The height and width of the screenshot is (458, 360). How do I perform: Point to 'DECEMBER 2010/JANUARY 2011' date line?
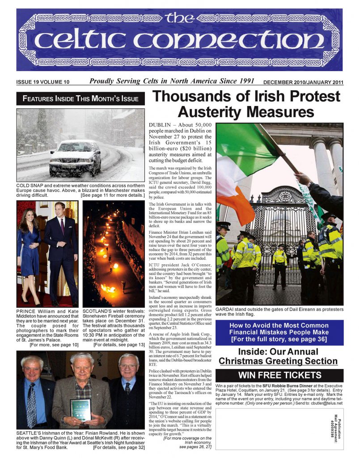click(303, 82)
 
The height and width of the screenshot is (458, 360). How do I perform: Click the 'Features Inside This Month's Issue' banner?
click(80, 98)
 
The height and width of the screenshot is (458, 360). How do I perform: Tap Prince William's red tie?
click(62, 227)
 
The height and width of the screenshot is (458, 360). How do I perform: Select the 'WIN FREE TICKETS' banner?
click(280, 375)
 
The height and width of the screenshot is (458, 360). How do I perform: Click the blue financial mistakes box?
click(280, 332)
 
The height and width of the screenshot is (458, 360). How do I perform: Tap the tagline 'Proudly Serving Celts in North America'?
click(172, 81)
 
